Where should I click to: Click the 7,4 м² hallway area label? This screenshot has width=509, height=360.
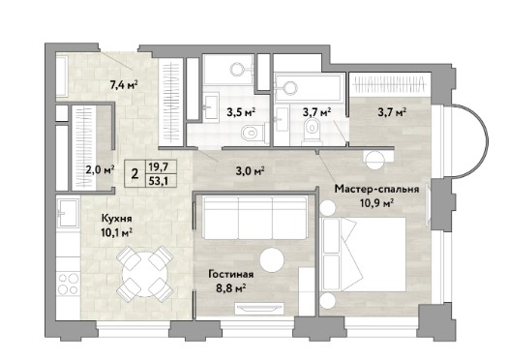124,86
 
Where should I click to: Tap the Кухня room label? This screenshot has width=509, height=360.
116,218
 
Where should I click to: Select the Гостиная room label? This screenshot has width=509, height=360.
231,274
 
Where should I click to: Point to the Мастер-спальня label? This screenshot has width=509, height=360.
376,189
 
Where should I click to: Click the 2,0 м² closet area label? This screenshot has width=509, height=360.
100,169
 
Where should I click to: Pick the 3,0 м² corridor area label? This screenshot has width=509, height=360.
250,170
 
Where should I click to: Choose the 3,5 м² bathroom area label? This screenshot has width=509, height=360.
241,112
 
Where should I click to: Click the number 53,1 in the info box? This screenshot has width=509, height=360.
158,181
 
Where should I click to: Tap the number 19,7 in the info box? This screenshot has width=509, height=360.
158,167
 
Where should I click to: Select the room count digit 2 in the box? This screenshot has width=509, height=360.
135,174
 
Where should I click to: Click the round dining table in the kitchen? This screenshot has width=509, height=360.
145,273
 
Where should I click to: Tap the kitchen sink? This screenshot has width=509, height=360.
68,213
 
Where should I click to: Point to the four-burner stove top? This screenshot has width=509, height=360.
68,284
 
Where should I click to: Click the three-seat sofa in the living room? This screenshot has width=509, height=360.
255,218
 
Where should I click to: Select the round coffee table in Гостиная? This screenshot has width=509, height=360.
272,260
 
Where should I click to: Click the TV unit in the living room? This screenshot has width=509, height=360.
259,309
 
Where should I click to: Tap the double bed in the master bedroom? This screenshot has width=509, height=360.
363,255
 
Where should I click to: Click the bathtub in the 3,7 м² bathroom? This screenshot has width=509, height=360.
309,86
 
